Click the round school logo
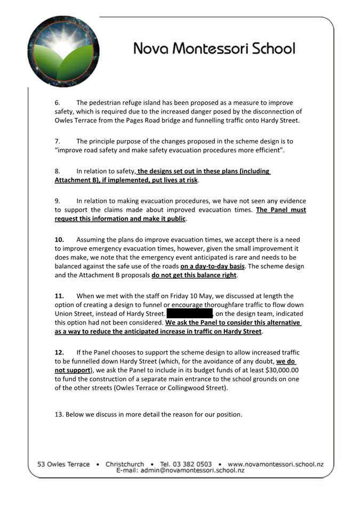63,51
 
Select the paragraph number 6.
57,103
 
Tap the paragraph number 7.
57,142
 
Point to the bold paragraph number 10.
59,239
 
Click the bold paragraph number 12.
59,353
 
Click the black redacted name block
190,313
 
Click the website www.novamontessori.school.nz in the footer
276,464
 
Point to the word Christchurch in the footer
125,464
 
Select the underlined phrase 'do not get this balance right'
194,276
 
